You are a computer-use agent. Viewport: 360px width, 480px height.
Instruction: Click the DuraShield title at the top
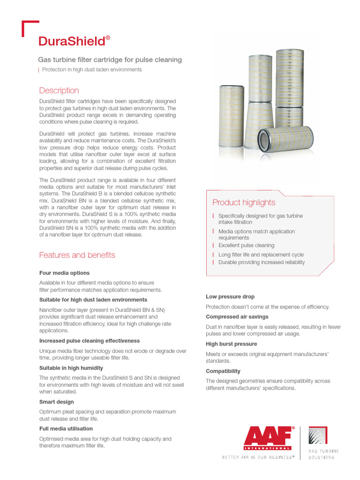74,41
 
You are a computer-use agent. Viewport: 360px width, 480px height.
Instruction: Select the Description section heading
59,90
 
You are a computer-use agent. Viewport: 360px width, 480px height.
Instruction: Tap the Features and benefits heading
77,255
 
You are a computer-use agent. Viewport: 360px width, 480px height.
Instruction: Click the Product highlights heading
244,202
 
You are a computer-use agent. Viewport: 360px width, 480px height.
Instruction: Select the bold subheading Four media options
64,273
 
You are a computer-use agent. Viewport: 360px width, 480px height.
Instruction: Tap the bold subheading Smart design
56,402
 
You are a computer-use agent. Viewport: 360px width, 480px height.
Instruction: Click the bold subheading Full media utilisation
66,428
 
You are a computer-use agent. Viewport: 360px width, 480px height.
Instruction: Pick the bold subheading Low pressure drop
230,296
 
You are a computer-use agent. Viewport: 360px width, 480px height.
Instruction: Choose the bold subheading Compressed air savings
236,316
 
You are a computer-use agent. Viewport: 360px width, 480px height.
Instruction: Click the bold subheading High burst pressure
232,344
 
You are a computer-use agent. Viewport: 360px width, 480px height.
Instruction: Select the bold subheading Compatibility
223,371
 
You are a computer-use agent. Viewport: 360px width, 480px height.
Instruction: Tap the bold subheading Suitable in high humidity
71,368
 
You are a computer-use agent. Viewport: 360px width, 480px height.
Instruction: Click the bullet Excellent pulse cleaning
246,245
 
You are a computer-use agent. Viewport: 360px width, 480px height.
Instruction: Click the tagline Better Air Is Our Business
258,457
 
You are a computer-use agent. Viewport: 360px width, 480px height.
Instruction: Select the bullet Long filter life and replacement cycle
261,255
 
